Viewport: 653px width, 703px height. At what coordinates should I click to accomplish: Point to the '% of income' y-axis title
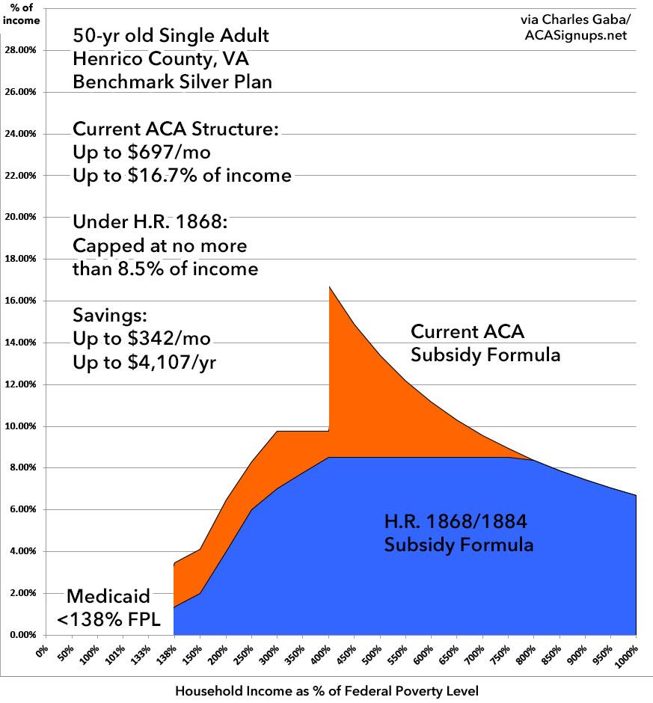tap(19, 14)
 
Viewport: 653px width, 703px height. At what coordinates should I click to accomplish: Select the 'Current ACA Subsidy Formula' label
tap(485, 343)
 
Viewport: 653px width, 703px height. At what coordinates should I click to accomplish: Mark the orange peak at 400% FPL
tap(330, 288)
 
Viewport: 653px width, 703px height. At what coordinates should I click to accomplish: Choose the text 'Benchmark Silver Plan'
tap(172, 82)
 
